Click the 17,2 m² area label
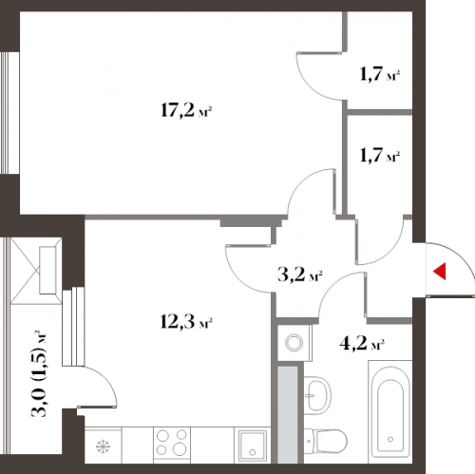(x=186, y=111)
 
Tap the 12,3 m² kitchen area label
(x=186, y=322)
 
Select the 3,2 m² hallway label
(x=300, y=275)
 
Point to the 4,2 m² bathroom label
(x=362, y=343)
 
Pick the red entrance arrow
(x=440, y=272)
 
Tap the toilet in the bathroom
(x=326, y=441)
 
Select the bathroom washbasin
(x=317, y=395)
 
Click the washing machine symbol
(x=294, y=343)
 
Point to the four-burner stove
(x=172, y=442)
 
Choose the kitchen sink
(x=253, y=445)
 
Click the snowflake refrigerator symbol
(x=103, y=446)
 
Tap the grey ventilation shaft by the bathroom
(x=288, y=415)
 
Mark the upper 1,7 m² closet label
(x=380, y=74)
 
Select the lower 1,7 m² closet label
(x=380, y=156)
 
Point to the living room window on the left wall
(x=6, y=113)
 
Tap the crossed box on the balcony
(x=36, y=271)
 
